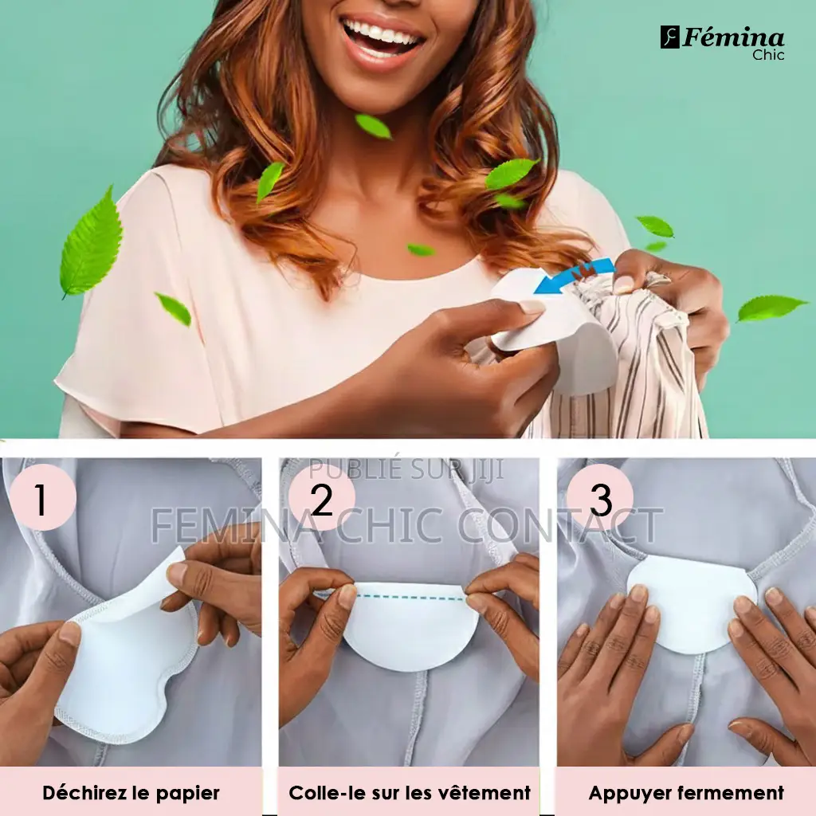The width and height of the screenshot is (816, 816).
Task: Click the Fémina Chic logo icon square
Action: (670, 37)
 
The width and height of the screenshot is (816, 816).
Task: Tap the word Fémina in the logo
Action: (733, 38)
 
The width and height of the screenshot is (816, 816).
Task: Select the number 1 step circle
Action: (43, 497)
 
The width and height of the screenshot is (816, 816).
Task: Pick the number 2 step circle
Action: (322, 497)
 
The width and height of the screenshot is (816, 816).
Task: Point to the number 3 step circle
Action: (600, 497)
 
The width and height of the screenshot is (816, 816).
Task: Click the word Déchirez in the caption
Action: (84, 793)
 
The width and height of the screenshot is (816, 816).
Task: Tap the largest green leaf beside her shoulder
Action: (91, 244)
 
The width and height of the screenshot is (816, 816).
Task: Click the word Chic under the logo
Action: (768, 55)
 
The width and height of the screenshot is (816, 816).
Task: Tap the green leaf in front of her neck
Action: (373, 127)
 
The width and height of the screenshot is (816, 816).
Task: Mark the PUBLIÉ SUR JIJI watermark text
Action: (406, 469)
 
